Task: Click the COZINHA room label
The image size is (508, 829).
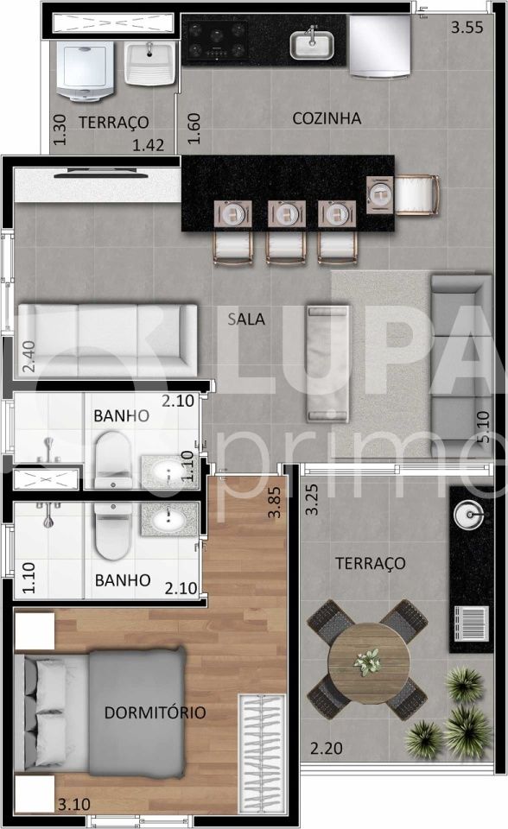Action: tap(326, 118)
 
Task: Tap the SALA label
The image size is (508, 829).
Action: tap(246, 319)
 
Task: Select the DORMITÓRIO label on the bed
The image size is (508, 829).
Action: tap(155, 712)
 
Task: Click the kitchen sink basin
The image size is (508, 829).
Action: tap(312, 43)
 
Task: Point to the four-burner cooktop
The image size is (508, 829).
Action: tap(216, 40)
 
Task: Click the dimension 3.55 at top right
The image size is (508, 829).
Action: tap(467, 27)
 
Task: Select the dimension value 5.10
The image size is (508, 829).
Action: tap(483, 427)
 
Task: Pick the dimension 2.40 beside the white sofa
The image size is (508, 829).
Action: tap(29, 356)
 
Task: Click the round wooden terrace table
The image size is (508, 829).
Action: tap(368, 662)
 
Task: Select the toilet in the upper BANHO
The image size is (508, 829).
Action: tap(112, 459)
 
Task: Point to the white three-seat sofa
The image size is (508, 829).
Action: tap(105, 339)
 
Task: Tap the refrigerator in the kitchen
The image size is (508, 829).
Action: tap(379, 46)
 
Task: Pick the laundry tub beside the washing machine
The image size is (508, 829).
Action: tap(150, 60)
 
